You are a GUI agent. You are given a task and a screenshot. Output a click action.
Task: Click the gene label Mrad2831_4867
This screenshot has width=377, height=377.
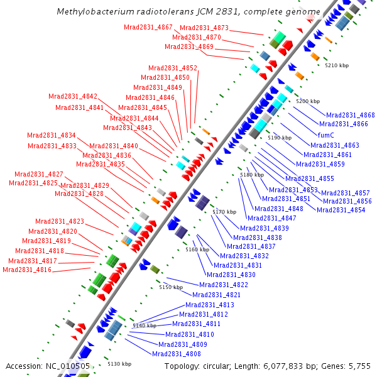click(148, 27)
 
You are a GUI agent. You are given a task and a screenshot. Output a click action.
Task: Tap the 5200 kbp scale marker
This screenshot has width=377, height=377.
click(308, 101)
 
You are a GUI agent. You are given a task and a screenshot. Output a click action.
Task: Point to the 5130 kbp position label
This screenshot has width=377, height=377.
click(119, 364)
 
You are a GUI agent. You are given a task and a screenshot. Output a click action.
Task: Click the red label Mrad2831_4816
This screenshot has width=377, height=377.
click(27, 270)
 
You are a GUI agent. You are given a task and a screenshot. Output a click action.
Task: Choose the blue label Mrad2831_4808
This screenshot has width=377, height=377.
click(177, 354)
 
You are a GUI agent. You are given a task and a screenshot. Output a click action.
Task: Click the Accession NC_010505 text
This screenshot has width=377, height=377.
click(48, 366)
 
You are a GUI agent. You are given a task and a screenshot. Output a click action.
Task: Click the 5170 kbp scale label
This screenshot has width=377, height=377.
click(224, 212)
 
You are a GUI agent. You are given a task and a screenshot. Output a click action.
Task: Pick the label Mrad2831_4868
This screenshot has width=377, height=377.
click(350, 115)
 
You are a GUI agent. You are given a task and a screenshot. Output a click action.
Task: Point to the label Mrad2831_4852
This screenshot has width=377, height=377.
click(173, 68)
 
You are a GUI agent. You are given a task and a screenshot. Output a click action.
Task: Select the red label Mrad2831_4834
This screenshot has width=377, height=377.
click(52, 136)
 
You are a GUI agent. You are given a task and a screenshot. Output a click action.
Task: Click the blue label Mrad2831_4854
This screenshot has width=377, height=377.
click(341, 210)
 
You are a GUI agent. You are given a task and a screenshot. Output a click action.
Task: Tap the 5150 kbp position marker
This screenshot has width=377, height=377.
click(170, 287)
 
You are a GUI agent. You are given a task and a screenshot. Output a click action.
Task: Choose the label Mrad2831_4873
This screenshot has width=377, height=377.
click(204, 28)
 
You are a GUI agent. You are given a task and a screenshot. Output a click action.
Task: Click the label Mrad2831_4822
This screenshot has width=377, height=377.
click(224, 285)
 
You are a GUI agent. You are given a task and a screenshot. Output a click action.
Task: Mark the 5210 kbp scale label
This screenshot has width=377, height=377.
click(336, 65)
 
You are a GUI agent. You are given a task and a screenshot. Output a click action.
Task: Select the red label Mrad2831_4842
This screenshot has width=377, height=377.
click(73, 97)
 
